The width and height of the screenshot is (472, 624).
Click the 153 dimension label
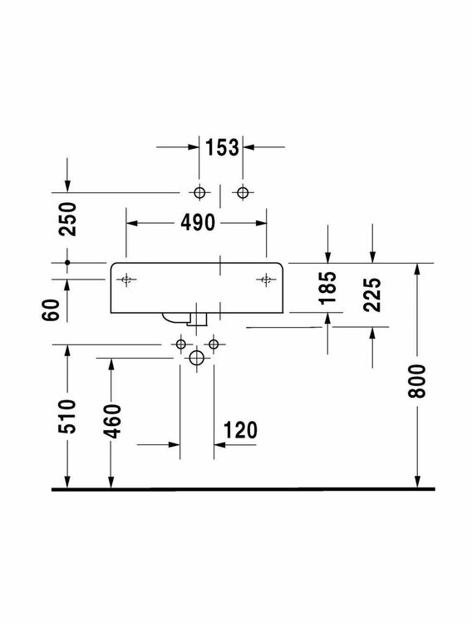coord(221,147)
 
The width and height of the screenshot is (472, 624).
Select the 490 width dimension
coord(196,222)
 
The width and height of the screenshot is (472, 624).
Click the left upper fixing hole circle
coord(198,193)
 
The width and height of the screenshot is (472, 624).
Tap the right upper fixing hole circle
coord(242,193)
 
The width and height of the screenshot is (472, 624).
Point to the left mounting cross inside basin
coord(126,280)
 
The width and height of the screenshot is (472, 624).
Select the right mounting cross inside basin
coord(266,280)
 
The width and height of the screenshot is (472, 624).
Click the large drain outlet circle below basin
coord(196,359)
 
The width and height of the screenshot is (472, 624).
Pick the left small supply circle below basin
coord(180,343)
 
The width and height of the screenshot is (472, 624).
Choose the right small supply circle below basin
coord(214,343)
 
